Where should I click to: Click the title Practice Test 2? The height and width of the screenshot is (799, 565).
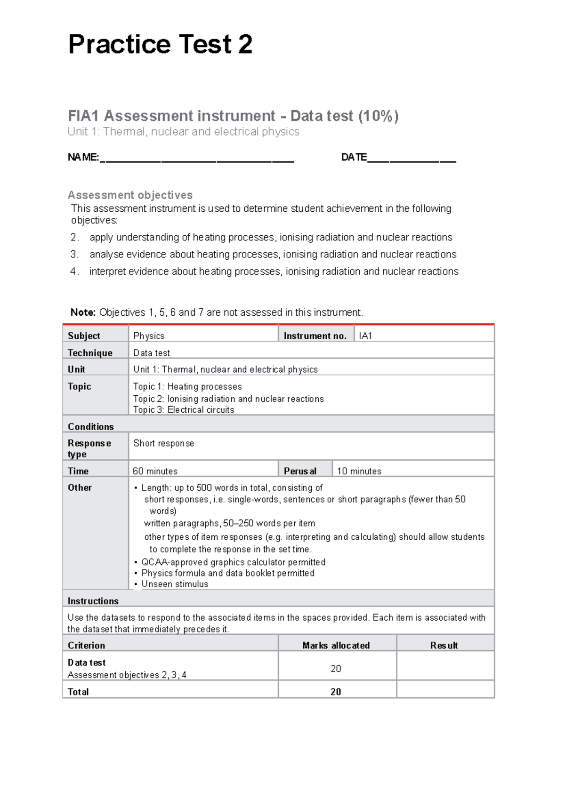(x=160, y=45)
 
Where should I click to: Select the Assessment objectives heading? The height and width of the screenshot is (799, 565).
(x=130, y=195)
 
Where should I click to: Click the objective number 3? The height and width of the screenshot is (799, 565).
(x=74, y=255)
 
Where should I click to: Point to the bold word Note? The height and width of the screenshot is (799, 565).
(x=83, y=312)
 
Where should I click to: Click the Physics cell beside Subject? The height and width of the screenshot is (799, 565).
(x=149, y=336)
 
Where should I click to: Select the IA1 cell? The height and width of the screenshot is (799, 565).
(x=365, y=336)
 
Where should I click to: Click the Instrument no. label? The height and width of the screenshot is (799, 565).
(x=315, y=336)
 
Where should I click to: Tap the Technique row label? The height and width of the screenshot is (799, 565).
(x=90, y=353)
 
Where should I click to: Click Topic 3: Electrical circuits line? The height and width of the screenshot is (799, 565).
(x=184, y=410)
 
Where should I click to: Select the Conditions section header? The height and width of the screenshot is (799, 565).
(x=91, y=427)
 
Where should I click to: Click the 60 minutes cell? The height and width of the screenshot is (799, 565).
(x=155, y=471)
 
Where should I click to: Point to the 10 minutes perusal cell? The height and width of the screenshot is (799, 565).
(x=359, y=471)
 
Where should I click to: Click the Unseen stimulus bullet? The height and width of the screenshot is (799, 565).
(x=175, y=584)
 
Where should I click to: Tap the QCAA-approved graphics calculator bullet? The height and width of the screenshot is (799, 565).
(x=233, y=562)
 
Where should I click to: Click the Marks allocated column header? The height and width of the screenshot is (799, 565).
(x=336, y=646)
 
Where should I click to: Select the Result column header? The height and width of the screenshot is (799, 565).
(x=444, y=646)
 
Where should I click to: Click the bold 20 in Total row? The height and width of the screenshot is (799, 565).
(x=336, y=692)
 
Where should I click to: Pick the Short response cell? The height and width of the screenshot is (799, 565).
(x=163, y=443)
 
